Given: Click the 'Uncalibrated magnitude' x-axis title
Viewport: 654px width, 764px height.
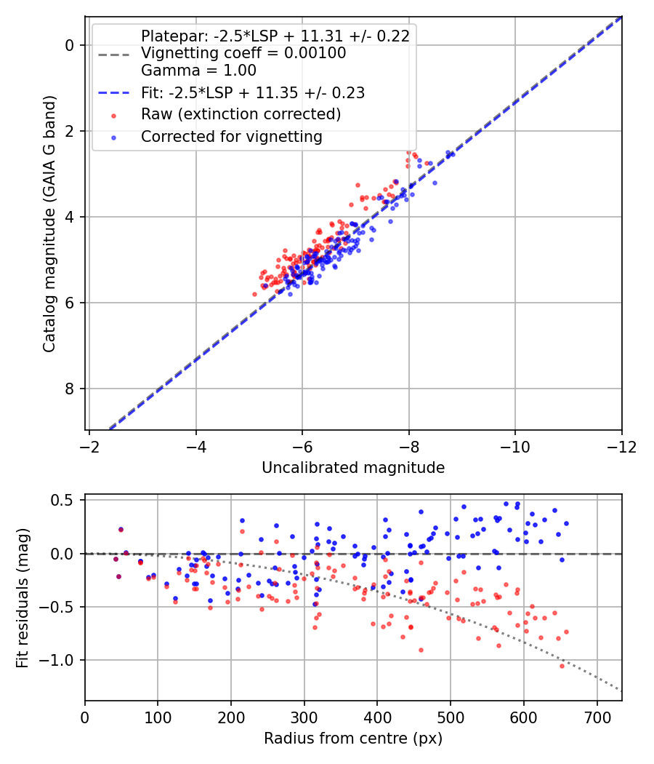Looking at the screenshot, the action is (x=353, y=468).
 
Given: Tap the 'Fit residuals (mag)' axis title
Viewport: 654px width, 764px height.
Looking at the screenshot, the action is (x=23, y=597).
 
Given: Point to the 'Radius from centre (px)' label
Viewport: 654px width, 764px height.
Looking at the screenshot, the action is (x=353, y=739).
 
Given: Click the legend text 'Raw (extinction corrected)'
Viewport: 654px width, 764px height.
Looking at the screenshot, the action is (x=241, y=114).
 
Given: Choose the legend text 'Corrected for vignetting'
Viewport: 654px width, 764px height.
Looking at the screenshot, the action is (x=232, y=137).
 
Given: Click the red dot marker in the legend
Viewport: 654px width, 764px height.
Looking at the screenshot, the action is (x=114, y=116).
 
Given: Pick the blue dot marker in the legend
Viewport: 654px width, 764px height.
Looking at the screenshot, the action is (x=114, y=138).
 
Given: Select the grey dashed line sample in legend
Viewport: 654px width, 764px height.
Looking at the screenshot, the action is (x=114, y=55).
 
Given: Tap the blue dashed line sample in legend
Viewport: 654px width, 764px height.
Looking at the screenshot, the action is (x=114, y=92).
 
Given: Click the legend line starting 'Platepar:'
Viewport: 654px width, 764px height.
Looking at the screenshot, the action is (x=275, y=36).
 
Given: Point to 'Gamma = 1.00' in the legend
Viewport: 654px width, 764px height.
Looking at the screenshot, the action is (x=198, y=70).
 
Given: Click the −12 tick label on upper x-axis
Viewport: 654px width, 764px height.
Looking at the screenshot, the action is (x=621, y=446).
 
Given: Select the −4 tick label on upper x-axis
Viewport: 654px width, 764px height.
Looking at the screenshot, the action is (x=195, y=446).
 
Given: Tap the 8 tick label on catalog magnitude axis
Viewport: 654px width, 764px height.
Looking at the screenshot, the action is (x=69, y=389).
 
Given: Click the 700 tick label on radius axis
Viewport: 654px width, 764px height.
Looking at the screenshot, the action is (x=597, y=717).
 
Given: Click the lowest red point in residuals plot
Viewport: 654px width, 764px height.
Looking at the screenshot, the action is (x=562, y=666).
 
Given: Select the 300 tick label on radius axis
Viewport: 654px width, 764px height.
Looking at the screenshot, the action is (x=304, y=717).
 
